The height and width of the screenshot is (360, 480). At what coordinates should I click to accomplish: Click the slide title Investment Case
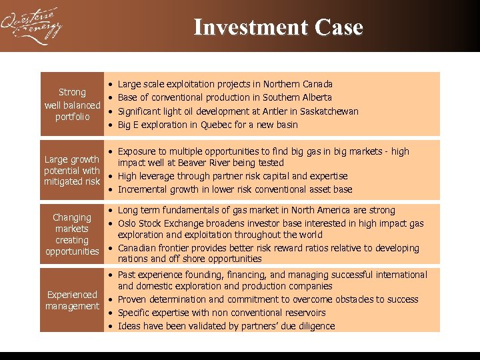(278, 27)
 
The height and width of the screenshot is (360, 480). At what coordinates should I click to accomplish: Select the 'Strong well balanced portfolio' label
(72, 105)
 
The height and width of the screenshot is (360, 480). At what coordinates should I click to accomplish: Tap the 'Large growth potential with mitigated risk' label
(72, 170)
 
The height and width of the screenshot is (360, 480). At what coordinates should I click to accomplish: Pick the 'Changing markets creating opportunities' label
(72, 234)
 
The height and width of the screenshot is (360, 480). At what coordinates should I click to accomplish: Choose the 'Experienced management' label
(72, 300)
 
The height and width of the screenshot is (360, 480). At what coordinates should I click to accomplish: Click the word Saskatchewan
(329, 111)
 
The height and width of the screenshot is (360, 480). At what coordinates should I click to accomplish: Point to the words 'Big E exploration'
(151, 125)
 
